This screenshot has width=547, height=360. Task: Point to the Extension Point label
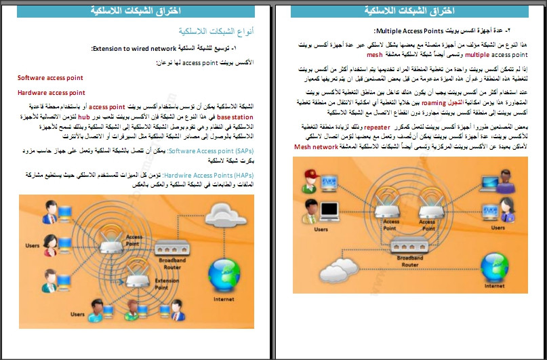click(167, 281)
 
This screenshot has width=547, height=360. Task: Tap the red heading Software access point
click(52, 78)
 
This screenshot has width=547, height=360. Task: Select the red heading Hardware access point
click(52, 92)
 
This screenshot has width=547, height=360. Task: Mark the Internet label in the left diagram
click(224, 299)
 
